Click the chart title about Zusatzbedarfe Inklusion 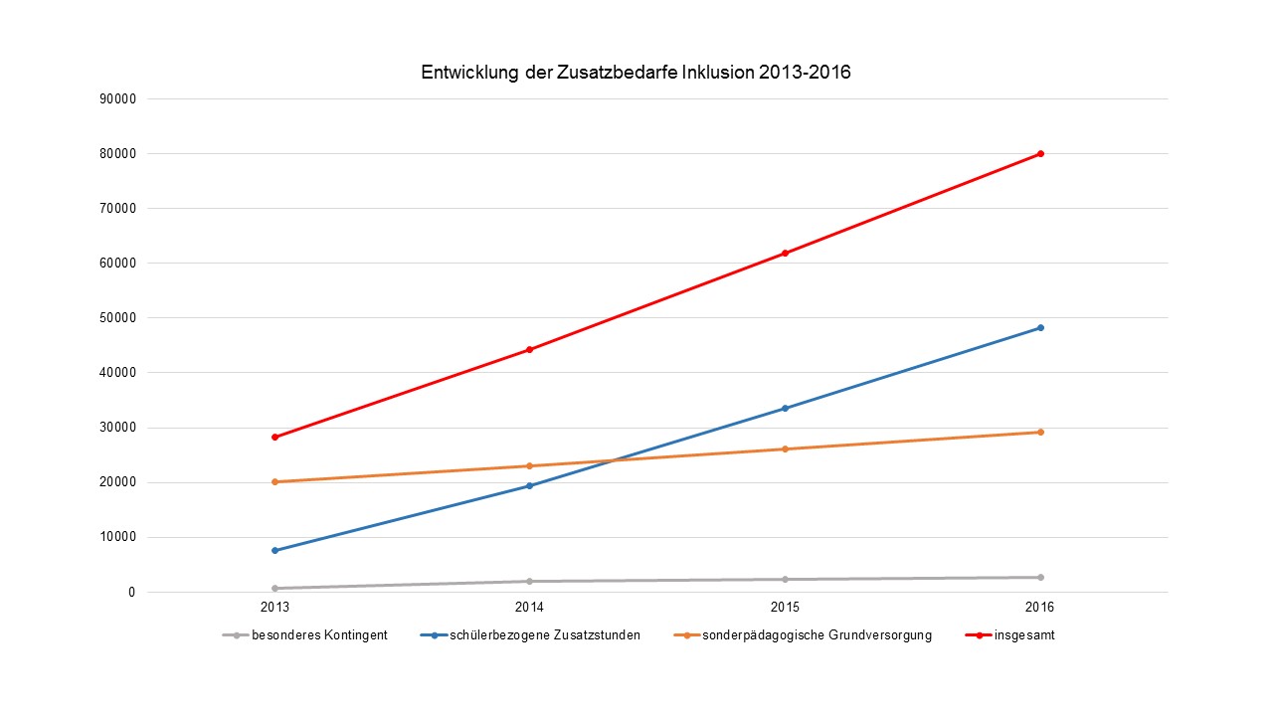(636, 73)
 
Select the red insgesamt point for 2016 (1040, 153)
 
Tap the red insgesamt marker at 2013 (274, 437)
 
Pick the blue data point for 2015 (785, 408)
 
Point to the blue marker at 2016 (1040, 327)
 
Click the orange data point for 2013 (274, 481)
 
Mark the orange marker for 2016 (1040, 432)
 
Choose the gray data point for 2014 (529, 581)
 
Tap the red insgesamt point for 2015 (785, 253)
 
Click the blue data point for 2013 (274, 550)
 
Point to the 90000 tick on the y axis (117, 98)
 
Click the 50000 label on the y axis (117, 318)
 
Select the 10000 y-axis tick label (117, 537)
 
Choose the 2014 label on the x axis (529, 607)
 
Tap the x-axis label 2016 (1040, 607)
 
